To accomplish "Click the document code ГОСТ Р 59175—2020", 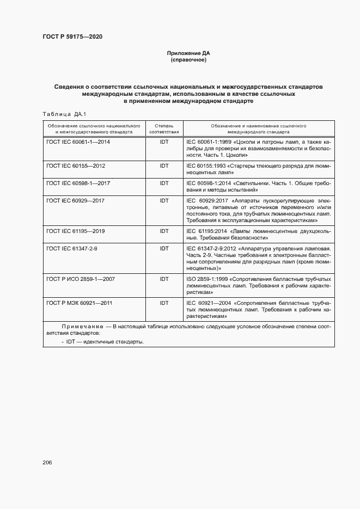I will pos(72,37).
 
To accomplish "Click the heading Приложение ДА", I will pos(188,53).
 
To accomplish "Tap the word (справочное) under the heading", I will pos(188,60).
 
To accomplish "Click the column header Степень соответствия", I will pos(164,128).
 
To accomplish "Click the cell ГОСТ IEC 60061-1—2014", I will pos(78,142).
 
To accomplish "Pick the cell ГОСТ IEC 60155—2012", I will pos(76,165).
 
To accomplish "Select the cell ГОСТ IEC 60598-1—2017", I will pos(78,183).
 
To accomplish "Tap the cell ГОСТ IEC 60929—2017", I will pos(76,201).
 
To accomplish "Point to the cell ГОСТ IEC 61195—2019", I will pos(76,231).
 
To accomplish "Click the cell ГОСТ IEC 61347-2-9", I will pos(72,249).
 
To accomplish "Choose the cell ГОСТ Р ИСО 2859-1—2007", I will pos(80,279).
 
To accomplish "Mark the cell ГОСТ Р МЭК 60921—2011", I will pos(80,303).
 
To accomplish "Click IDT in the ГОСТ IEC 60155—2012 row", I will pos(164,165).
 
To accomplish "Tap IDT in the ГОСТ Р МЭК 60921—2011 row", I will pos(164,303).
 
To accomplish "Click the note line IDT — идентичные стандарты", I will pos(105,341).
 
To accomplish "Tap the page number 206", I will pos(47,462).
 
